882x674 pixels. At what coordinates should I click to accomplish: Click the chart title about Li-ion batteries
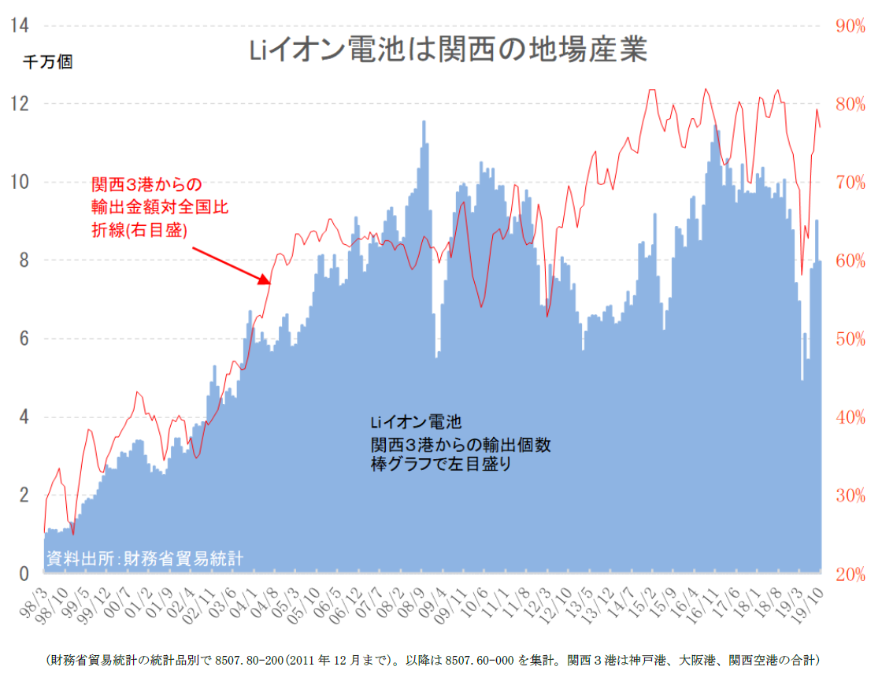coord(448,50)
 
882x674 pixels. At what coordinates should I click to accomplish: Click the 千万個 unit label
coord(47,62)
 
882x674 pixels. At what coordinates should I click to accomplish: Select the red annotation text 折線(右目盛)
coord(138,228)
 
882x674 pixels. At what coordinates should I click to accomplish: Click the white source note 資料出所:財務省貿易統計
coord(145,560)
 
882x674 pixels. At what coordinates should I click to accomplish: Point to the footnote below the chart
coord(434,659)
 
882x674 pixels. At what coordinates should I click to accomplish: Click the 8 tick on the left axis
coord(23,260)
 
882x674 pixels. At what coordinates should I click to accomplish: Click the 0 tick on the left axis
coord(24,573)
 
